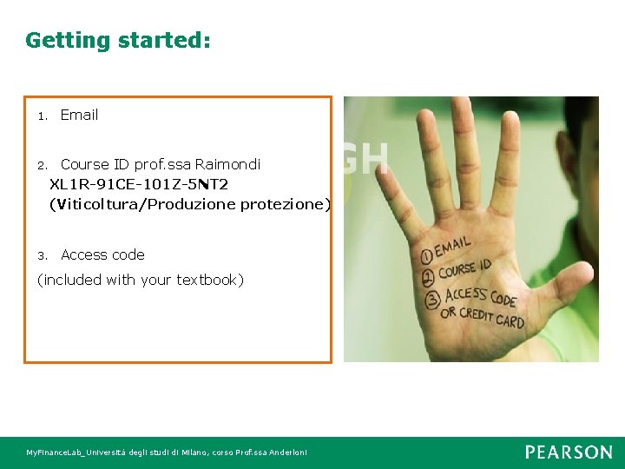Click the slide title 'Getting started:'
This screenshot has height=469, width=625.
(x=118, y=40)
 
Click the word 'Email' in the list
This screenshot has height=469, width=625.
(x=79, y=115)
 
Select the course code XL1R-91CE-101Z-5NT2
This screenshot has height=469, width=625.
(x=139, y=184)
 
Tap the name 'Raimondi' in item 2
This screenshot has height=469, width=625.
(x=227, y=164)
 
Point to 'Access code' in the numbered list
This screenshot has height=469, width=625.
(x=102, y=254)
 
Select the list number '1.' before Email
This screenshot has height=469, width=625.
(x=42, y=116)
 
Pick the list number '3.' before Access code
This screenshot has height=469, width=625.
(x=42, y=255)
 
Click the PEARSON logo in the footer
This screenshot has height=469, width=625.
(x=569, y=452)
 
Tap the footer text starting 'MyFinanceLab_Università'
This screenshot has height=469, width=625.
(x=166, y=452)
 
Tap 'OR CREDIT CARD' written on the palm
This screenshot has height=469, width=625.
(x=483, y=316)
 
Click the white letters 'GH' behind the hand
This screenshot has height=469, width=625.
(x=365, y=157)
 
